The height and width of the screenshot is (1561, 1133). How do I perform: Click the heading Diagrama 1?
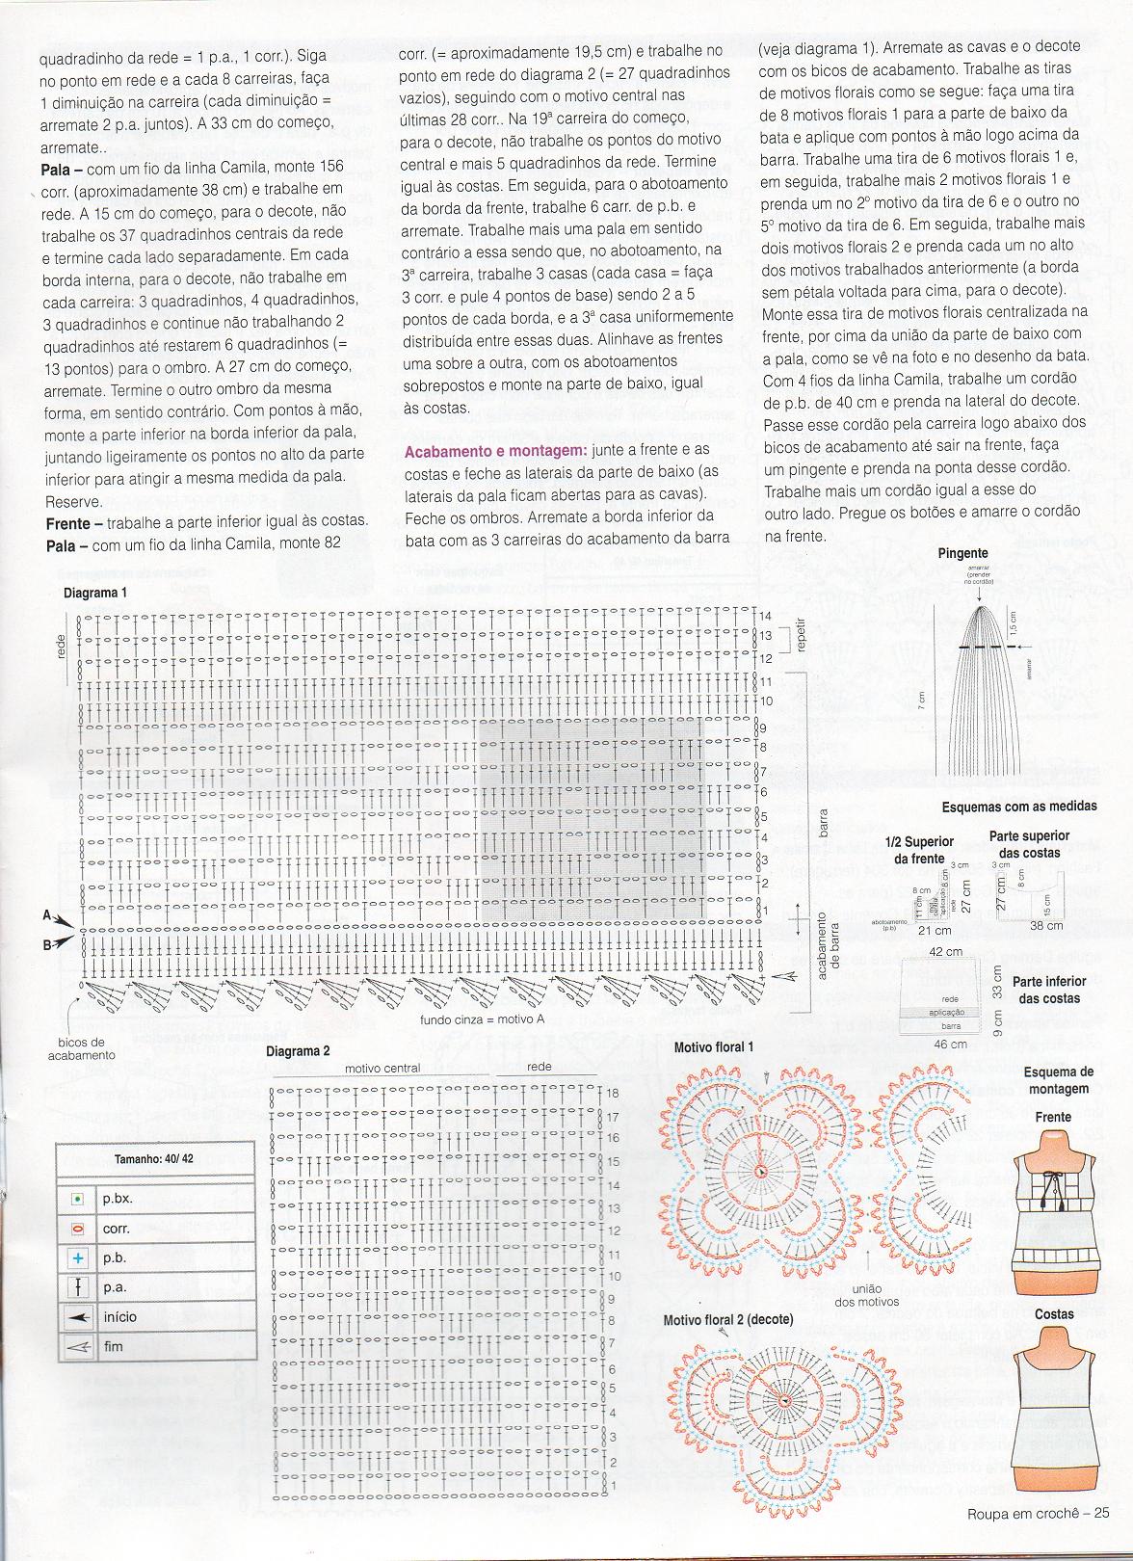(94, 594)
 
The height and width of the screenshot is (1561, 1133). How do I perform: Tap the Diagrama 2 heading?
(298, 1051)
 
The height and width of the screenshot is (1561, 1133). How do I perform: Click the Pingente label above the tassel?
(962, 553)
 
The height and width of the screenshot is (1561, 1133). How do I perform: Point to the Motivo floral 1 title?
(714, 1046)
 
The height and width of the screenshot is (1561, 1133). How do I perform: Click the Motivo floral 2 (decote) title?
(728, 1319)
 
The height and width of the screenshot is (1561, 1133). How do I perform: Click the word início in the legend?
(119, 1317)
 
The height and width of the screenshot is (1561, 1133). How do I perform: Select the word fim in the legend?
(114, 1346)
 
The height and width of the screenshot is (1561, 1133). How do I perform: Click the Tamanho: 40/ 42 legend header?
(154, 1159)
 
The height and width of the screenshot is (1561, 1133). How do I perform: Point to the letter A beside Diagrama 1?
(45, 916)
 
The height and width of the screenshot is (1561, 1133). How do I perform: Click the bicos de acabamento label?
(81, 1048)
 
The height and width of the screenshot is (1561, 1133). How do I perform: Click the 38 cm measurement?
(1046, 925)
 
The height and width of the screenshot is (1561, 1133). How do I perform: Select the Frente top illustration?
(1053, 1214)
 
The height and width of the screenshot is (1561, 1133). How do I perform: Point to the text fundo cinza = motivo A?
(482, 1019)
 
